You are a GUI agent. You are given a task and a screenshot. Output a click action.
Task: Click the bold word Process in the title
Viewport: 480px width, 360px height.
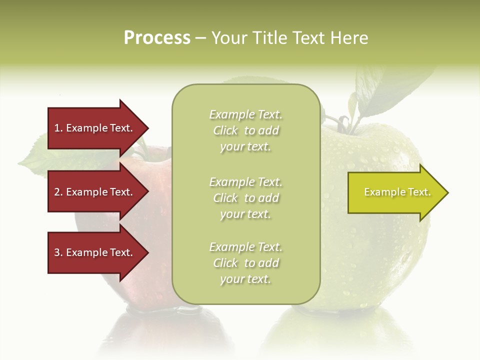coord(157,38)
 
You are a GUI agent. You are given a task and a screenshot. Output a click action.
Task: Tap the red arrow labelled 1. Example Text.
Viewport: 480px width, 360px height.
coord(95,128)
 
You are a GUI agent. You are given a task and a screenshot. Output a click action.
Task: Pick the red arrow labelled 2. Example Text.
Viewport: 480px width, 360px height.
coord(95,192)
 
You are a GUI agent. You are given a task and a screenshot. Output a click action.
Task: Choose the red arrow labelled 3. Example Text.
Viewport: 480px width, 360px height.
coord(95,252)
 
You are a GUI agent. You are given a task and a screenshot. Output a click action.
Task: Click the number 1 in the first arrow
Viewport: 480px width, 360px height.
coord(57,128)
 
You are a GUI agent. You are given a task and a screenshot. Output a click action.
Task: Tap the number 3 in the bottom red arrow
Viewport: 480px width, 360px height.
coord(57,252)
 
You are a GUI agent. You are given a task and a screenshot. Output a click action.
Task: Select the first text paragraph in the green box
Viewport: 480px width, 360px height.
coord(245,130)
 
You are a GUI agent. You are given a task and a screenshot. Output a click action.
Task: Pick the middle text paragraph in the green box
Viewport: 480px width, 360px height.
coord(245,198)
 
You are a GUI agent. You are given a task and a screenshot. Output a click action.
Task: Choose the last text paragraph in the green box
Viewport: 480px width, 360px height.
coord(245,263)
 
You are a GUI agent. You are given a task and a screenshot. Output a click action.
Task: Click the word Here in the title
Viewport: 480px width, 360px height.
coord(349,38)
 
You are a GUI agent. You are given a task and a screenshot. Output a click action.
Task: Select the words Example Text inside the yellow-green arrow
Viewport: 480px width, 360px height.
coord(397,192)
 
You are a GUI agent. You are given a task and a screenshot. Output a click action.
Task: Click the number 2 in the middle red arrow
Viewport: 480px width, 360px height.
coord(57,192)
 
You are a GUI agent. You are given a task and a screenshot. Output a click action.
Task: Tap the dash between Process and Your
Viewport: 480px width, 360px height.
coord(200,38)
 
